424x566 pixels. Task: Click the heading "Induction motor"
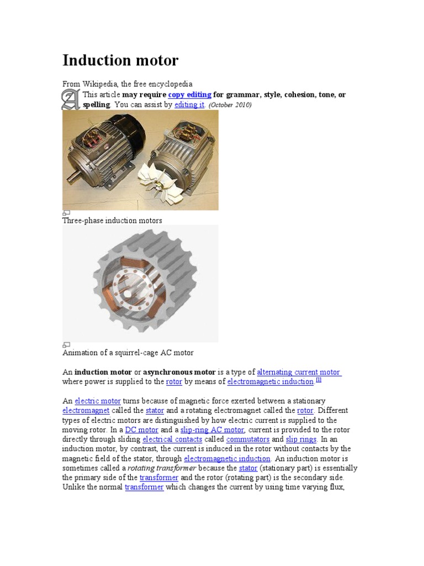(x=120, y=60)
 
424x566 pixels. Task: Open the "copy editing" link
(x=189, y=95)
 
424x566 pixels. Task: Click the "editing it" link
(x=189, y=104)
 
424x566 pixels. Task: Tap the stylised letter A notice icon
(x=71, y=99)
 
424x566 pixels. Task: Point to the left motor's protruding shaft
(x=72, y=179)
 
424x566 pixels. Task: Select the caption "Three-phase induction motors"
(x=112, y=221)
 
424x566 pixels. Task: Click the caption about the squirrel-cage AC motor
(x=128, y=353)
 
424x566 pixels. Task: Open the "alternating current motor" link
(x=299, y=372)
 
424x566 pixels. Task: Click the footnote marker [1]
(x=319, y=380)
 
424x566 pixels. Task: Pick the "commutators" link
(x=248, y=439)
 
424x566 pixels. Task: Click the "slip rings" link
(x=301, y=439)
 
